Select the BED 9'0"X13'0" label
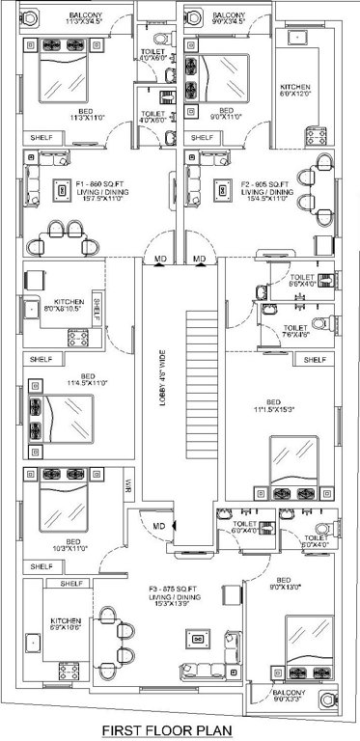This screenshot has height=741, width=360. [x=263, y=582]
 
